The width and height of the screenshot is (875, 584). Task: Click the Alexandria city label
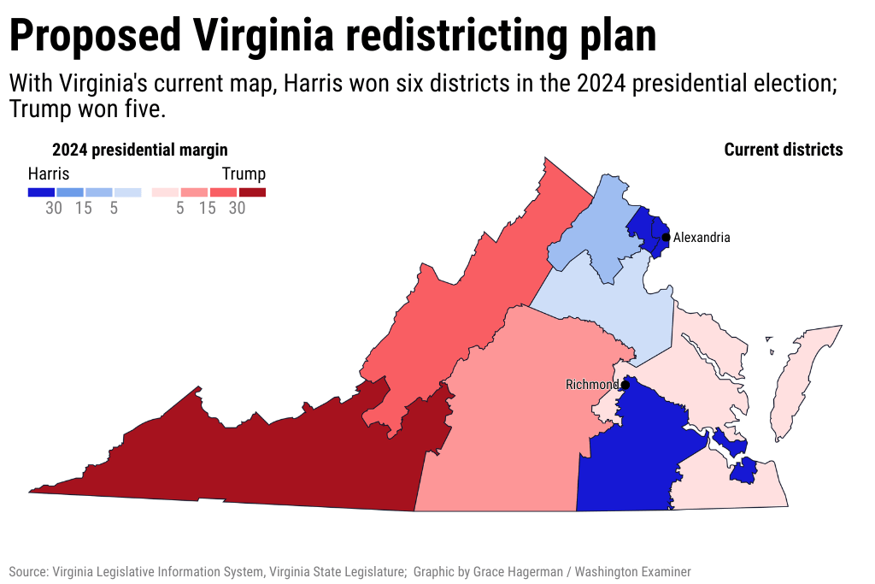click(702, 238)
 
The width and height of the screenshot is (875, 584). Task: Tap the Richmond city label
click(591, 385)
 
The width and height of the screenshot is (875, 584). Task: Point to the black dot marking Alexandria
click(667, 237)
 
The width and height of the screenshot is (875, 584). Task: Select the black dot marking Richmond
click(625, 386)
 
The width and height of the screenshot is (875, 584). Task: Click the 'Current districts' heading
click(783, 150)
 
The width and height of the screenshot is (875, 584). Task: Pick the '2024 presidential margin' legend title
click(140, 150)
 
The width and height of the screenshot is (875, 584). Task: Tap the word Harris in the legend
click(49, 173)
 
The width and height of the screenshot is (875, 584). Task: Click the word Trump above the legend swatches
click(244, 173)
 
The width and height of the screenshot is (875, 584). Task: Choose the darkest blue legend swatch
click(41, 192)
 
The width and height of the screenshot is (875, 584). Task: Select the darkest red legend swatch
click(252, 192)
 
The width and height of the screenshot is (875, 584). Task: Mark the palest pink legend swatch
click(165, 192)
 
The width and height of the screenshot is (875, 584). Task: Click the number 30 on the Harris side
click(54, 208)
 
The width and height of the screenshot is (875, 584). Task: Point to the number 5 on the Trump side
click(179, 208)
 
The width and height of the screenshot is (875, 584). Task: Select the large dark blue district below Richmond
click(632, 453)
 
